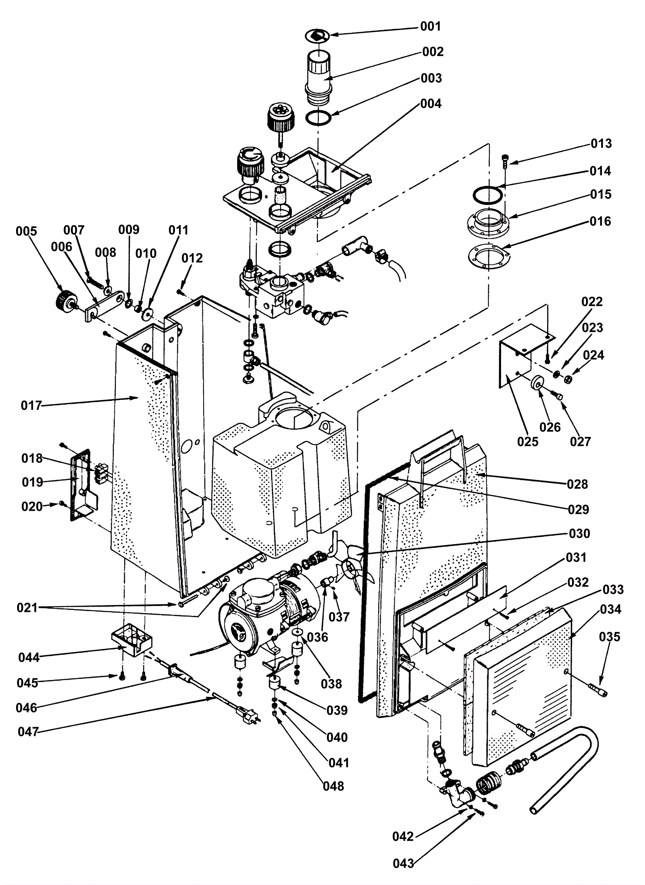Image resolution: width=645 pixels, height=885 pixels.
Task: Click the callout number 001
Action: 431,27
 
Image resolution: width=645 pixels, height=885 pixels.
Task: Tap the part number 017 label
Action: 31,405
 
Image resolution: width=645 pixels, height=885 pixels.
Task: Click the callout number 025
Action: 528,441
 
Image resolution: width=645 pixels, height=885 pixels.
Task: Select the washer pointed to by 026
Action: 537,382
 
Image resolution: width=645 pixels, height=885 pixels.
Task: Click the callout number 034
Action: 611,609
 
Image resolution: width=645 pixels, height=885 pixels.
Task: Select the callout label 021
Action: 27,607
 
